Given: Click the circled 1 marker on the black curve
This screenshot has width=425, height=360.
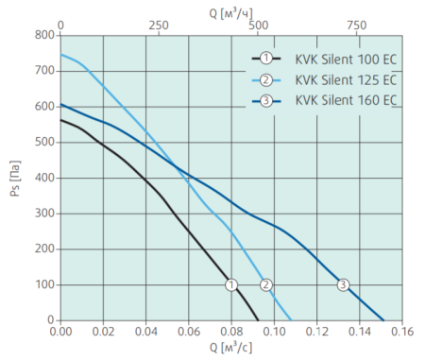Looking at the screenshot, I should tap(231, 284).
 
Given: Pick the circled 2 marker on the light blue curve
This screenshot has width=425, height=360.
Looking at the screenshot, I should tap(266, 284).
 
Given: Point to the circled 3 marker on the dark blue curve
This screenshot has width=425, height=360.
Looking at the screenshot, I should tap(343, 284).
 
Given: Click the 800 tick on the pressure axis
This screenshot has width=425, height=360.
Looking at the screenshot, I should tap(43, 35).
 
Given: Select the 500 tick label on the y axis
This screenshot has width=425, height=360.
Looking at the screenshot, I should tap(43, 142).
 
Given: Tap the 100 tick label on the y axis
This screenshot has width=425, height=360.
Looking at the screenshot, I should tap(43, 284).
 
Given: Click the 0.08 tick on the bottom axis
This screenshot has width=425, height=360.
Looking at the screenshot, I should tap(231, 332).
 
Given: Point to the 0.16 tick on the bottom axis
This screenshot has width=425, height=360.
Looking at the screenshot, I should tap(402, 332).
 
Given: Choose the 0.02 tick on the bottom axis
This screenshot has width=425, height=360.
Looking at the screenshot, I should tap(103, 332).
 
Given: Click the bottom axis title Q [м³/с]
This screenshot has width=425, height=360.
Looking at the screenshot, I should tap(229, 349).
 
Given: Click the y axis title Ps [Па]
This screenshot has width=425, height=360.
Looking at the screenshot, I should tap(13, 178).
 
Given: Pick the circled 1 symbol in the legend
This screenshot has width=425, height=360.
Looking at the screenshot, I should tap(267, 58).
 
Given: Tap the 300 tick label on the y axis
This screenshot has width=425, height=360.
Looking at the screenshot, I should tap(43, 214).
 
